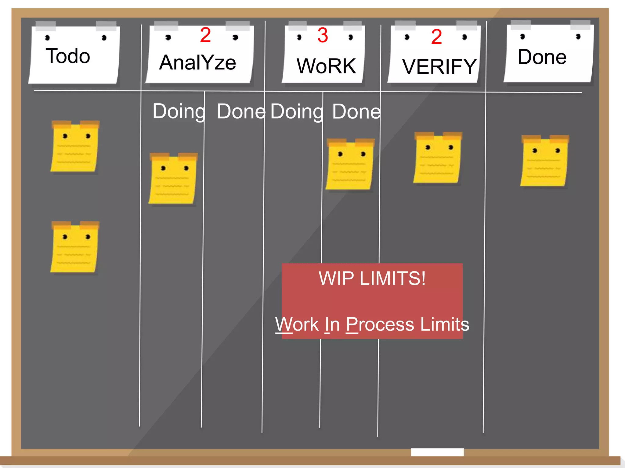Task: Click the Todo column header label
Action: coord(68,56)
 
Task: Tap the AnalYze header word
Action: coord(197,62)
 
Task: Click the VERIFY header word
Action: coord(439,67)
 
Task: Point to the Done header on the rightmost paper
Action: coord(542,57)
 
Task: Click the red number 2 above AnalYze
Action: coord(205,35)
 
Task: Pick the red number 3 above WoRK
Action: coord(323,35)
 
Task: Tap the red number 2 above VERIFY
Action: coord(436,37)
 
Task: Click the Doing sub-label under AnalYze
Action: coord(179,112)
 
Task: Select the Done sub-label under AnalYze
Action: coord(241,112)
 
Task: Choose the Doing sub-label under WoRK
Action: coord(297,112)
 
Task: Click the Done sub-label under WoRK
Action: coord(356,112)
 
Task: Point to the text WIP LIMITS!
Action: coord(372,278)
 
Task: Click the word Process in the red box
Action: coord(380,324)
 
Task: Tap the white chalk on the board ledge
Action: coord(437,452)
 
